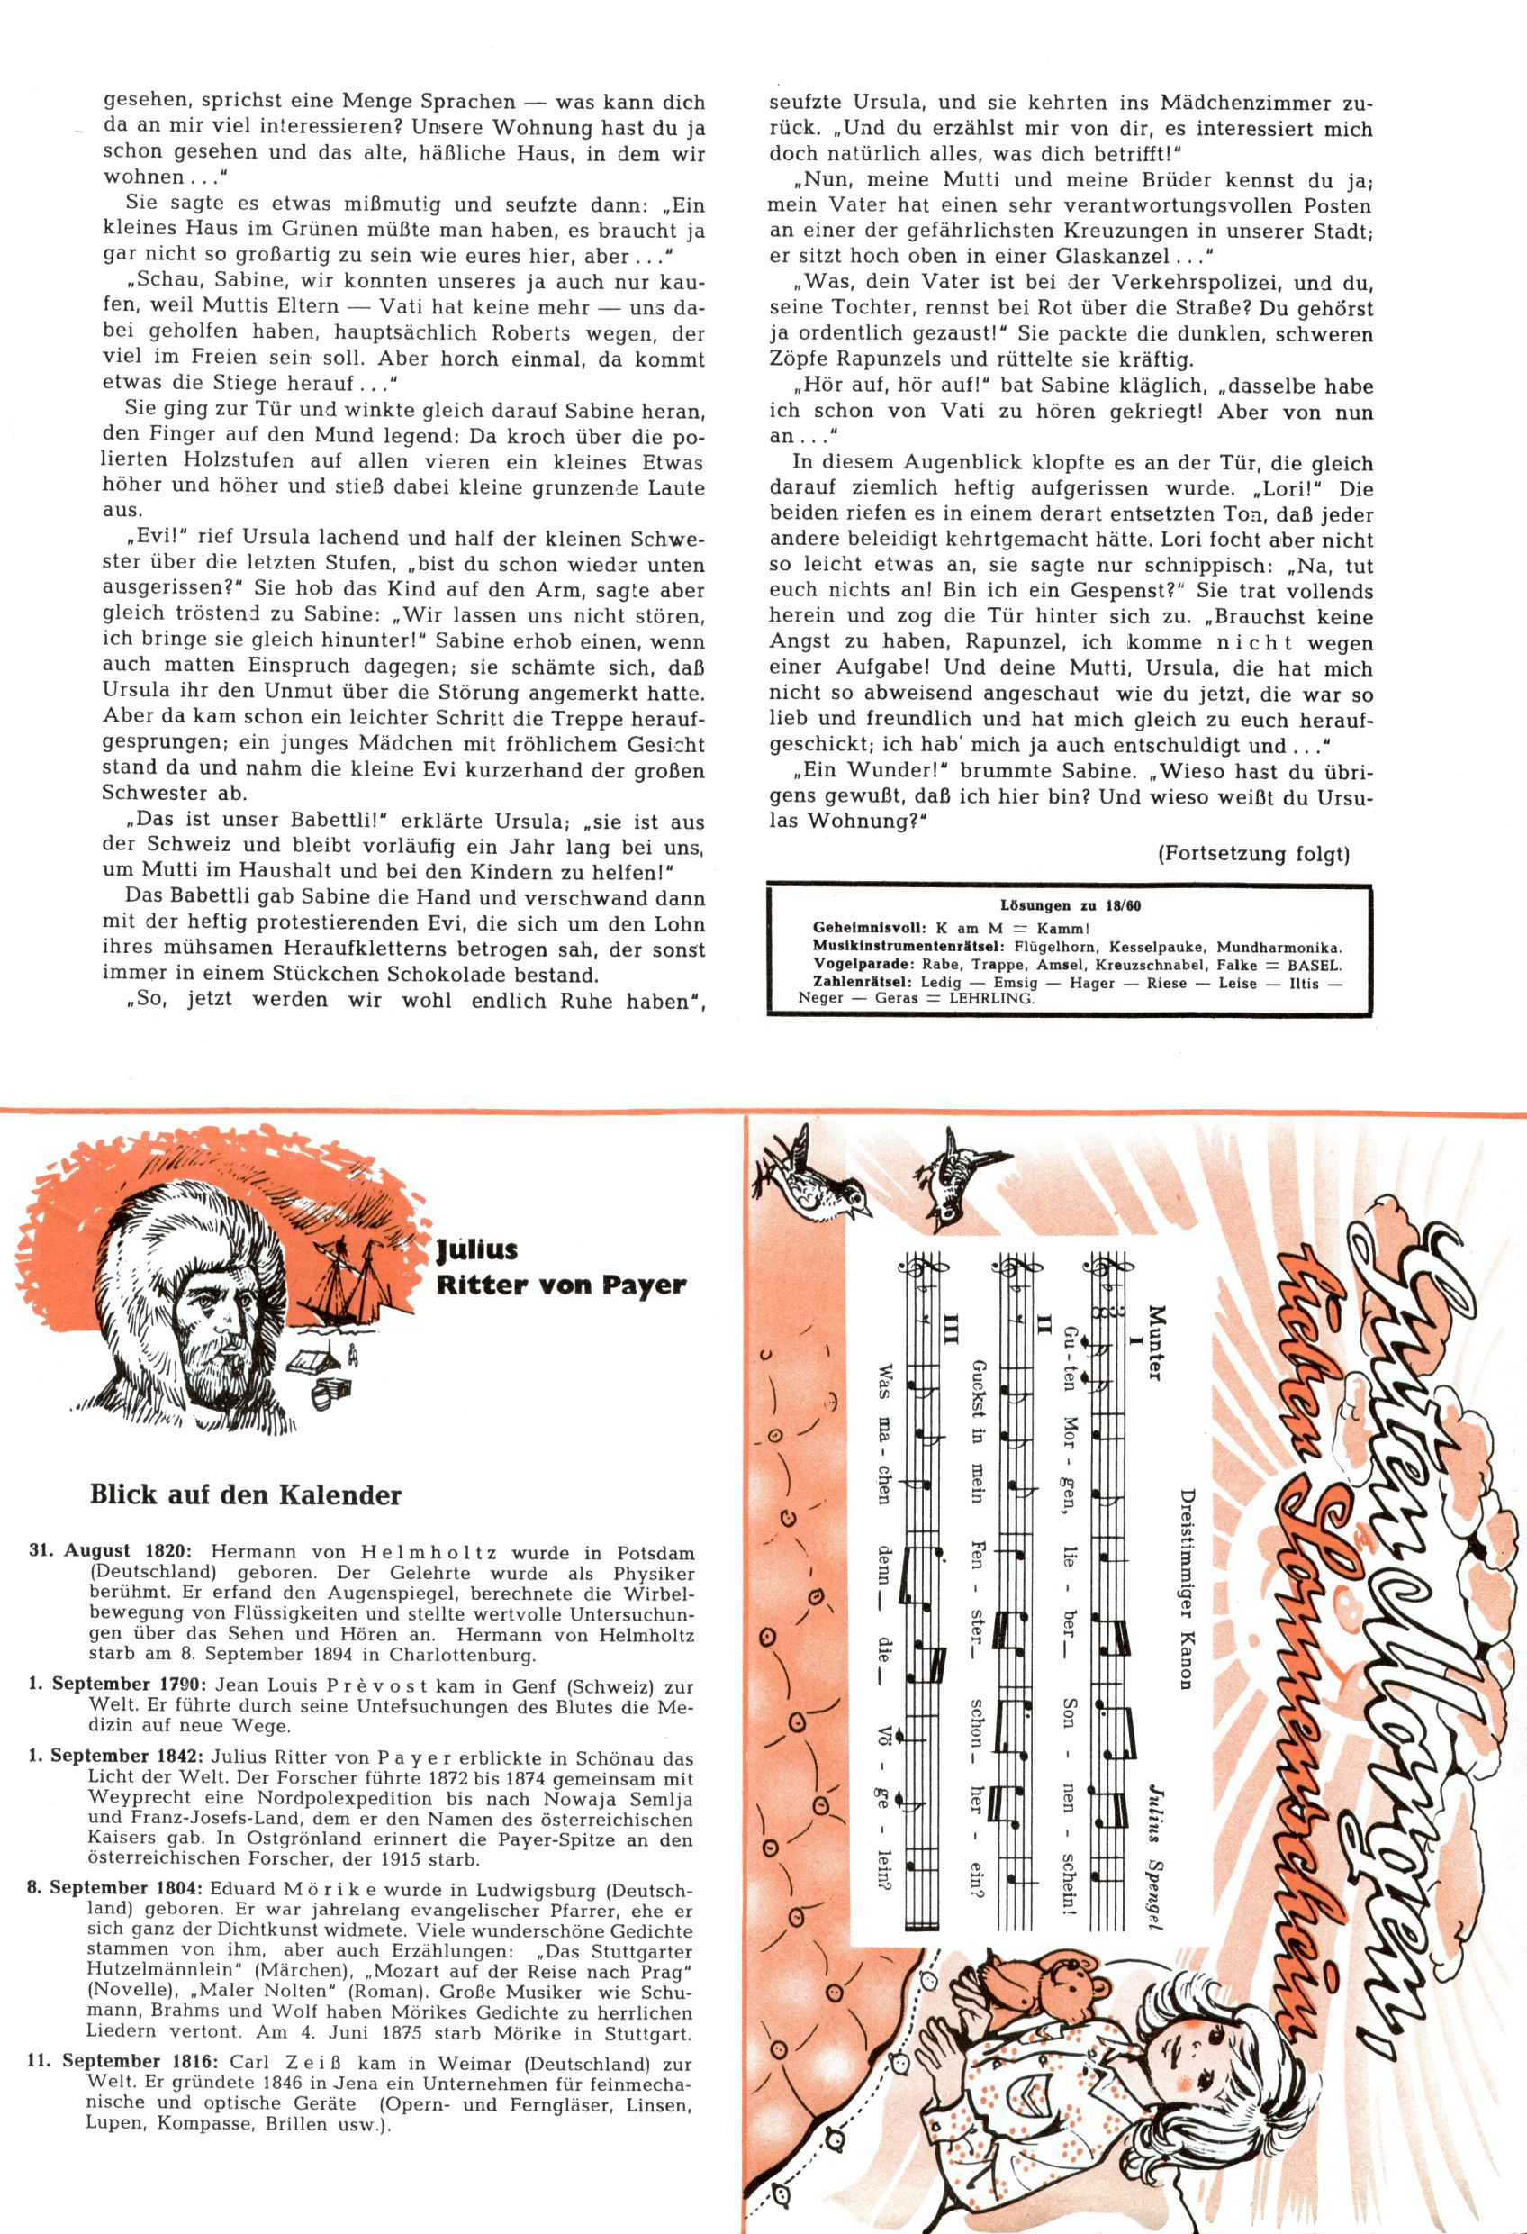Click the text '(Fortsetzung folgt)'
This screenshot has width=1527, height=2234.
[x=1253, y=854]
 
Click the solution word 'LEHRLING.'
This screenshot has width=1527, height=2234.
[x=997, y=998]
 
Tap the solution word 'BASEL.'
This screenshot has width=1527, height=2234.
[x=1313, y=964]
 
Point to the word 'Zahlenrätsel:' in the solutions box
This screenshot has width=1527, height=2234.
[x=864, y=983]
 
